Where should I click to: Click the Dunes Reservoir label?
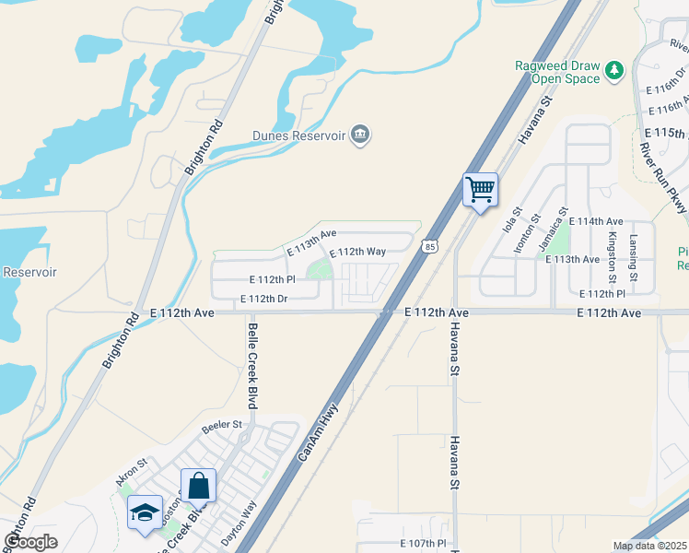[298, 136]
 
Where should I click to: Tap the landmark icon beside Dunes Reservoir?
[360, 136]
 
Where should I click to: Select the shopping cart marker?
[480, 191]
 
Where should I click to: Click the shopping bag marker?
[199, 486]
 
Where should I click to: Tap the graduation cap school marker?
[145, 513]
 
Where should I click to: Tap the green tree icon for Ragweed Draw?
[613, 70]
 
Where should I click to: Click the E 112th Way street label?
[357, 252]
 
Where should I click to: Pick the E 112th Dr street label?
[264, 299]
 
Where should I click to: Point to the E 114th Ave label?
[596, 222]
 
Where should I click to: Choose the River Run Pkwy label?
[662, 176]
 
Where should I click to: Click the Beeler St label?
[221, 425]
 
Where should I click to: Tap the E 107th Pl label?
[423, 544]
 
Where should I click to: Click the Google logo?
[30, 542]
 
